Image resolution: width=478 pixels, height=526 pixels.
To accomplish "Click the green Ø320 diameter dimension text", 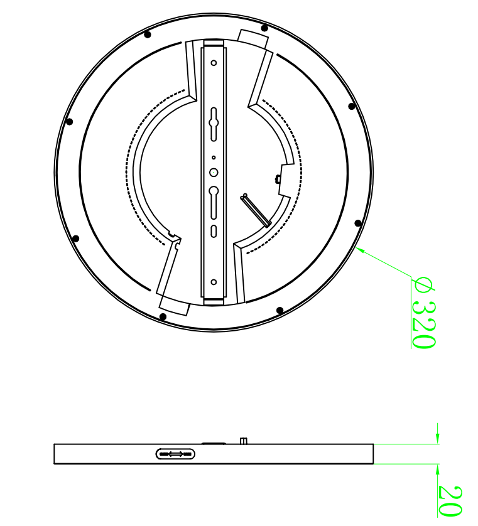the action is pos(423,313).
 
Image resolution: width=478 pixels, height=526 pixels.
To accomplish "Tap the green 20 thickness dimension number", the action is pos(450,500).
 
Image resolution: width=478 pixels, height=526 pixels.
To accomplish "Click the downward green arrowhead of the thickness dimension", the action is pos(437,437).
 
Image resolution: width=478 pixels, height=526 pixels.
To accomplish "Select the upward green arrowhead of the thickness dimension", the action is pos(437,470).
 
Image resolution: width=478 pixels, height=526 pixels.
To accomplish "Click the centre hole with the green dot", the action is pos(214,173).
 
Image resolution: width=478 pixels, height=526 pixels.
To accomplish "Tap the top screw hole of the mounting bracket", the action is pos(214,63).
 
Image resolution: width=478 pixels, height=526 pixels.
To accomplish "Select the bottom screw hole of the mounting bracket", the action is pos(214,282).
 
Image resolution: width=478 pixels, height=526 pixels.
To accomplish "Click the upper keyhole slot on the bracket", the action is pos(214,124).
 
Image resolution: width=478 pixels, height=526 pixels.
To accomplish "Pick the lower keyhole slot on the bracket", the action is pos(214,203).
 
